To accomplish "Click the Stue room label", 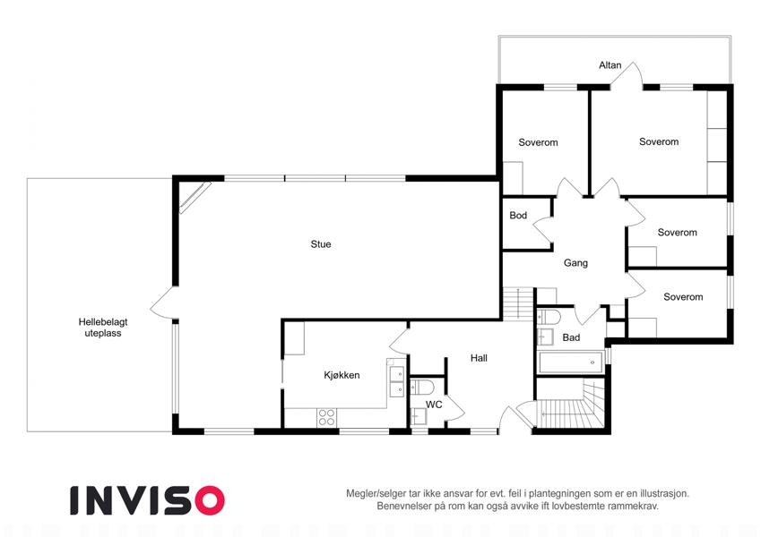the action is point(321,244).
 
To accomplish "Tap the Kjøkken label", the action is point(342,375).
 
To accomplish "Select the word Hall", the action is point(479,358).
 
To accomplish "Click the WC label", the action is point(434,405).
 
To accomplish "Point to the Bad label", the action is point(571,337).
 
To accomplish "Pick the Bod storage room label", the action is point(518,215).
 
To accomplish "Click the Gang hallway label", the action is point(575,263).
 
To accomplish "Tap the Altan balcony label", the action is point(610,65).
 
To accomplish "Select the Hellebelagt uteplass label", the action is point(103,328).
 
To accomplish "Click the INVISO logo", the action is point(148,500).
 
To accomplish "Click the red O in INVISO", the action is point(210,500).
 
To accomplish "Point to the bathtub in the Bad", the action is point(570,362).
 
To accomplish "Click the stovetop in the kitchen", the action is point(326,418).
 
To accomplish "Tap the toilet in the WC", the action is point(422,388).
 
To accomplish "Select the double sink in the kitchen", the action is point(397,382).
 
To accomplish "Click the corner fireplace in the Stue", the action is point(195,197).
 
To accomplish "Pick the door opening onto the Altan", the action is point(627,75).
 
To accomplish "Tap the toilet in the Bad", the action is point(549,318).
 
